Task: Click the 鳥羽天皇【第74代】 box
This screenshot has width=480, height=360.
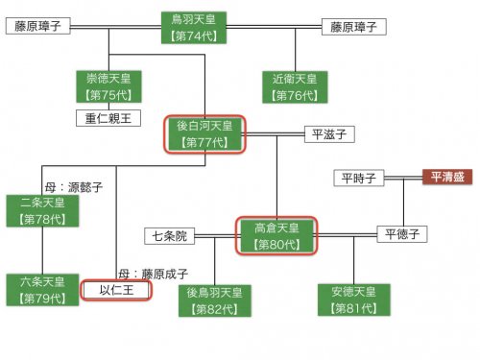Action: click(x=194, y=28)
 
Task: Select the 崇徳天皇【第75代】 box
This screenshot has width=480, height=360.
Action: click(x=108, y=86)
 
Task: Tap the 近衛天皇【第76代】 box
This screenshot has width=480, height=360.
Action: click(x=295, y=87)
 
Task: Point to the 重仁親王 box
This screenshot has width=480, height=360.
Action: click(x=108, y=118)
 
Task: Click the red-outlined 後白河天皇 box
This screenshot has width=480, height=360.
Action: click(x=204, y=134)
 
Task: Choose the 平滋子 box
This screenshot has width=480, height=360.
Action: click(x=329, y=134)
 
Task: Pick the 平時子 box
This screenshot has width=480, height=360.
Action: click(x=359, y=178)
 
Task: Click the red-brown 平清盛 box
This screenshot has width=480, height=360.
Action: click(x=447, y=177)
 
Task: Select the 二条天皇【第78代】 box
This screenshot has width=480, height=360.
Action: click(x=42, y=211)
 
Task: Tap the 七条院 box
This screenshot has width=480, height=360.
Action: click(x=170, y=236)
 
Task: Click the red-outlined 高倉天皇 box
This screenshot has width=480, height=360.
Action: click(x=276, y=236)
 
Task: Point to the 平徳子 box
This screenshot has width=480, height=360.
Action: click(x=402, y=234)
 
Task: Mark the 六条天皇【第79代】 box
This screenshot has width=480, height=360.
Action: click(x=42, y=290)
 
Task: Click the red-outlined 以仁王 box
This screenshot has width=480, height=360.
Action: click(x=116, y=291)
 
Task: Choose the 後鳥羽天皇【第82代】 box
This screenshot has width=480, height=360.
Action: click(x=215, y=300)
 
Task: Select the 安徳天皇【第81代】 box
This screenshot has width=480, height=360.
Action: click(x=354, y=300)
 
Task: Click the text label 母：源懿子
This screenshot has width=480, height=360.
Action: click(x=74, y=187)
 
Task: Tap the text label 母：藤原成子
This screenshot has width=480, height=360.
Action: click(x=154, y=275)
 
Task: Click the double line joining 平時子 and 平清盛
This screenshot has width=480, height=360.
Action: click(x=403, y=178)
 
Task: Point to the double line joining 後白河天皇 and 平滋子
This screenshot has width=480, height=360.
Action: click(x=275, y=134)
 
